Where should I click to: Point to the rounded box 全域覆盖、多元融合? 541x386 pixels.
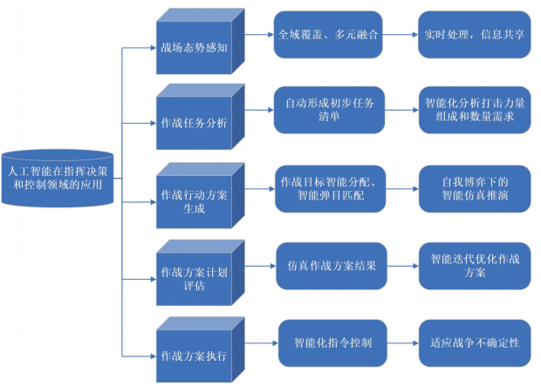pos(329,36)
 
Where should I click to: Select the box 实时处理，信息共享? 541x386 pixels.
pos(475,36)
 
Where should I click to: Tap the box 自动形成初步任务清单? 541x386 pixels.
pos(329,110)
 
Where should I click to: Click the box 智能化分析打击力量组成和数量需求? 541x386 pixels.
pos(475,110)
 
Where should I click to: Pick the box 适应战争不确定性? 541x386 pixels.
pos(475,342)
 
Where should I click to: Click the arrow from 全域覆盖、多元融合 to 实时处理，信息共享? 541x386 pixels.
pos(401,36)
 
